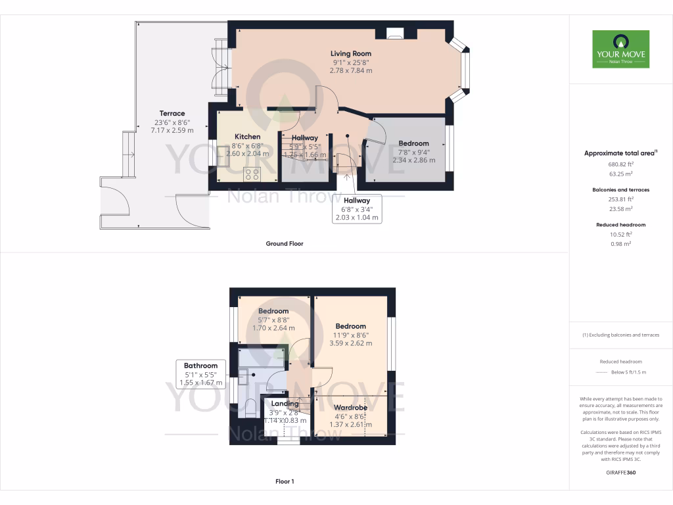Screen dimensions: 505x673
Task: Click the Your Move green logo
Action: [620, 49]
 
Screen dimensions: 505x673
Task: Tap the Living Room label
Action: [350, 53]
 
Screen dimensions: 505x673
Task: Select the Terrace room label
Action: [172, 113]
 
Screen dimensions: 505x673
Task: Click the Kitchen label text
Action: [247, 137]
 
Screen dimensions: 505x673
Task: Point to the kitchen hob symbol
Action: [252, 174]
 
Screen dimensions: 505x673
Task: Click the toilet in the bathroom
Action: [250, 408]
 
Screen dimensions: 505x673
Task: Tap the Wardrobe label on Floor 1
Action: [350, 407]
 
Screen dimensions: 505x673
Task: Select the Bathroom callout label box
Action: [200, 374]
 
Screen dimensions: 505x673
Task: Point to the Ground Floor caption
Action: [284, 243]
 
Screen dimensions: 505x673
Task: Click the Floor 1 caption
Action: [284, 481]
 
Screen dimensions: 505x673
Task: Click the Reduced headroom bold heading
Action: [620, 225]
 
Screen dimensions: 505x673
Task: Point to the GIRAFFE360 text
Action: [620, 473]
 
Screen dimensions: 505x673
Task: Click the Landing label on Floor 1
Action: [285, 404]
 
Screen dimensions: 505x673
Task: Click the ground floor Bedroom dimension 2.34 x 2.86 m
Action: [413, 158]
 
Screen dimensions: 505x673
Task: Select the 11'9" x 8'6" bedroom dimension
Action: [350, 335]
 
